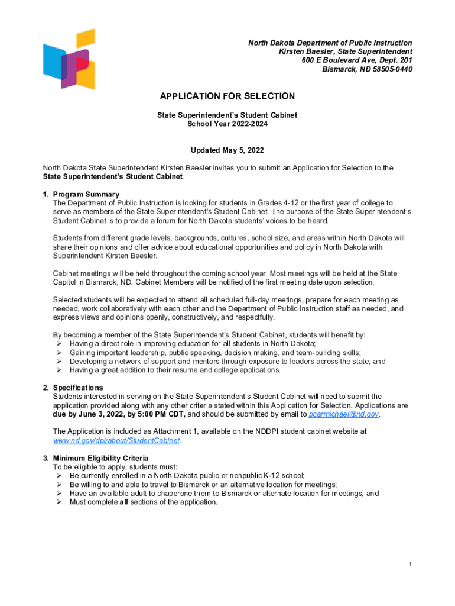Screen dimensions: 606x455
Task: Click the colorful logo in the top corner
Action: (69, 58)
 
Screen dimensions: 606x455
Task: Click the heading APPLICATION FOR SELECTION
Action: (227, 96)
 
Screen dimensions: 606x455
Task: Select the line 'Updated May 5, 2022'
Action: (227, 150)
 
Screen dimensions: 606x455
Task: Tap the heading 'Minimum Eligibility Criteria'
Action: (100, 458)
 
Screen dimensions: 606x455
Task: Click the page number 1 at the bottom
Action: (409, 564)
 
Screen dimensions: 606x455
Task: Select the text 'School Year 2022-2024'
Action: (227, 124)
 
